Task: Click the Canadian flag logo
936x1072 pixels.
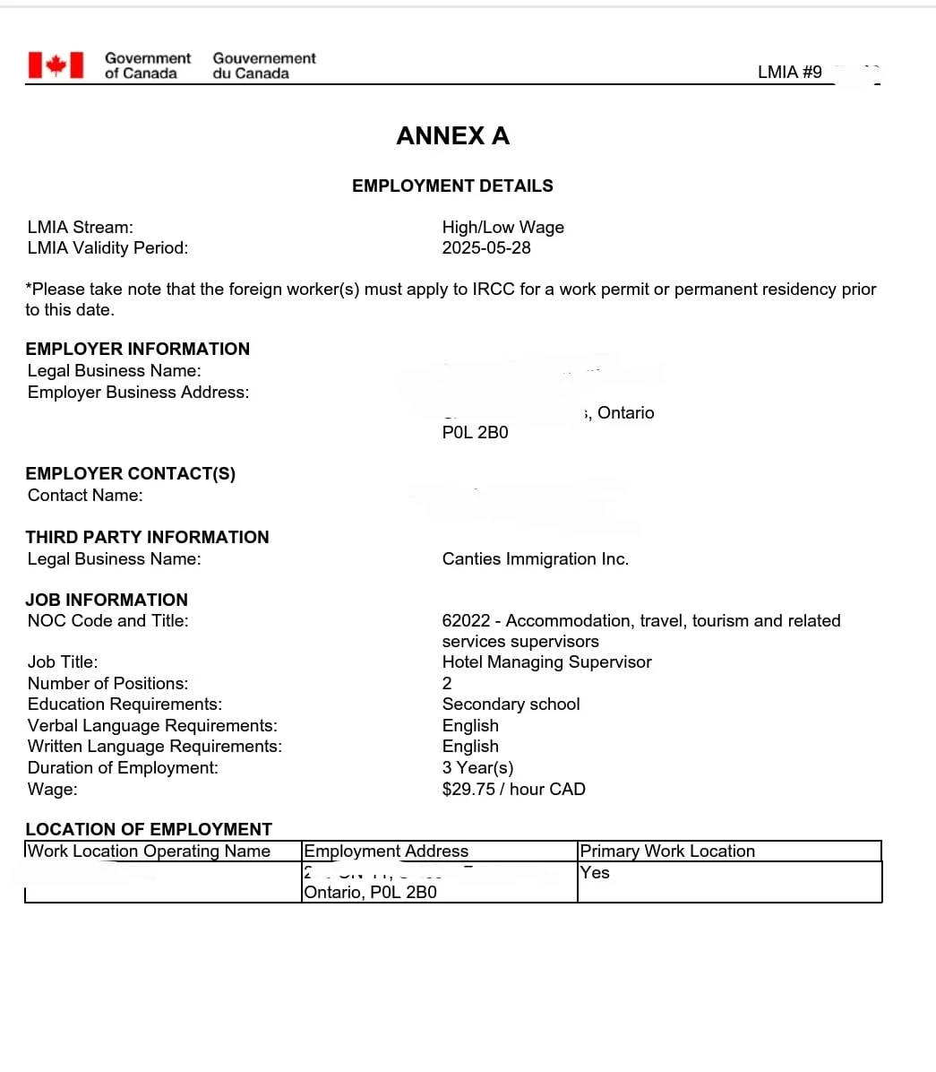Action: click(x=56, y=65)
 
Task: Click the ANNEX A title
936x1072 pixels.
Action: click(x=452, y=135)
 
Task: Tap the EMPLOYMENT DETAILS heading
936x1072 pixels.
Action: click(x=452, y=186)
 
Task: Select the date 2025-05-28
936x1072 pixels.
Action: click(x=486, y=247)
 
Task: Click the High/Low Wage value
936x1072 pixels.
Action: click(x=502, y=227)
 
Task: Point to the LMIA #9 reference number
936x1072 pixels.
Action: click(x=790, y=72)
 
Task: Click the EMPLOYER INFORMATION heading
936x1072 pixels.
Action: click(x=137, y=349)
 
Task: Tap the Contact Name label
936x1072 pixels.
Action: click(x=85, y=495)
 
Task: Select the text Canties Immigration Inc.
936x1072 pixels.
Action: click(x=535, y=558)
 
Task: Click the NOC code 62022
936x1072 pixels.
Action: click(x=466, y=620)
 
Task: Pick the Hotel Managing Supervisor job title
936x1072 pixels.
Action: click(x=546, y=661)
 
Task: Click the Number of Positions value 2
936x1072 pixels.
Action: click(x=447, y=683)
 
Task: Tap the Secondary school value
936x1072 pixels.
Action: click(x=511, y=704)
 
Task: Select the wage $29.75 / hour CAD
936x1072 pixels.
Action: click(x=513, y=789)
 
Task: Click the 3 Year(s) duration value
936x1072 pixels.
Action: click(x=477, y=767)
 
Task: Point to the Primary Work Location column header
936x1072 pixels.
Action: click(x=667, y=851)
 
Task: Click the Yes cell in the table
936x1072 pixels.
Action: click(x=595, y=872)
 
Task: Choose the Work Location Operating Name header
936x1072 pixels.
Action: click(x=149, y=851)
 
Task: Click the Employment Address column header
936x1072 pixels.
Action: click(x=386, y=851)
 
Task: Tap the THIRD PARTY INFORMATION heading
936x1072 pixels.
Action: click(x=147, y=537)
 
